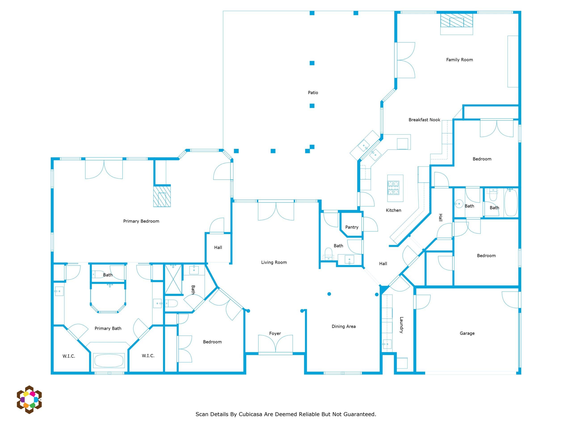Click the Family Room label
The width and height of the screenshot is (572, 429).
(x=460, y=60)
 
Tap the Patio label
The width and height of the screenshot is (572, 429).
(x=313, y=93)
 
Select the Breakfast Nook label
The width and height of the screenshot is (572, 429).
(x=424, y=120)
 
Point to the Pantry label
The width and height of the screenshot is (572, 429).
(x=352, y=227)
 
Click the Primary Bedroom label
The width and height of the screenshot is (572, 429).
(x=141, y=221)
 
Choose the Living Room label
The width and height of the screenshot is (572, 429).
(x=274, y=263)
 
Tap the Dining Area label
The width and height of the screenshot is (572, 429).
(x=344, y=327)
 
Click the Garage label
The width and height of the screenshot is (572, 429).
(x=467, y=333)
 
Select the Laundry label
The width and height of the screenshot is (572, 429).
(x=401, y=325)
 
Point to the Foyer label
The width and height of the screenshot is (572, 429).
(x=275, y=334)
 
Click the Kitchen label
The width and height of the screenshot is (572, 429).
(x=393, y=210)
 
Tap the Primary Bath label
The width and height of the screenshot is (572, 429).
(x=108, y=328)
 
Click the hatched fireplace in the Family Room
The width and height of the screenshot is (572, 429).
(x=457, y=20)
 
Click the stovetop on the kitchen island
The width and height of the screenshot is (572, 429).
(x=393, y=188)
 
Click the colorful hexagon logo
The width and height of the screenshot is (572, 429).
(x=29, y=400)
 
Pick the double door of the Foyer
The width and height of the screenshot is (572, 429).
(x=276, y=344)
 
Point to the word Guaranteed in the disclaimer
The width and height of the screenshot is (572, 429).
(x=360, y=414)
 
